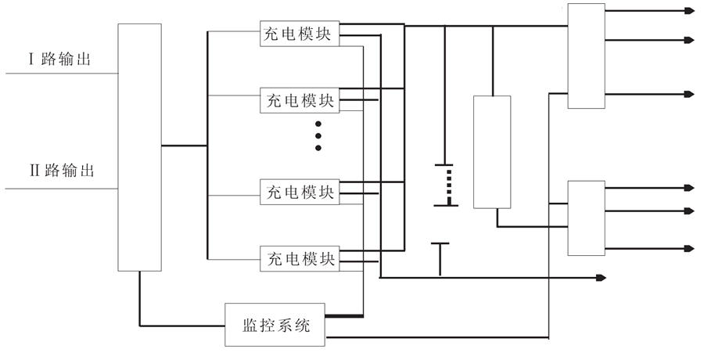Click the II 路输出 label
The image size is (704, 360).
click(62, 171)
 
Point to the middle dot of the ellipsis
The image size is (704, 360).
click(318, 135)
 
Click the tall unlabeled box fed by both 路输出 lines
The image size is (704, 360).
click(139, 146)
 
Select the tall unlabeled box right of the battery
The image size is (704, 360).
click(492, 152)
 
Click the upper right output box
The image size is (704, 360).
click(586, 56)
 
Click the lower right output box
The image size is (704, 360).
click(586, 218)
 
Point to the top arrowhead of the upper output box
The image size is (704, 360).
click(688, 11)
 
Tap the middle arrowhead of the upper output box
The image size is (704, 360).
click(688, 40)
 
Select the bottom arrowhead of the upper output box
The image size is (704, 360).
click(688, 94)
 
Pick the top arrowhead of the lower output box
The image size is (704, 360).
click(688, 188)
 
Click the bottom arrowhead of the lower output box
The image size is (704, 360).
click(688, 248)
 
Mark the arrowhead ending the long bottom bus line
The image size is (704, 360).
click(601, 277)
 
